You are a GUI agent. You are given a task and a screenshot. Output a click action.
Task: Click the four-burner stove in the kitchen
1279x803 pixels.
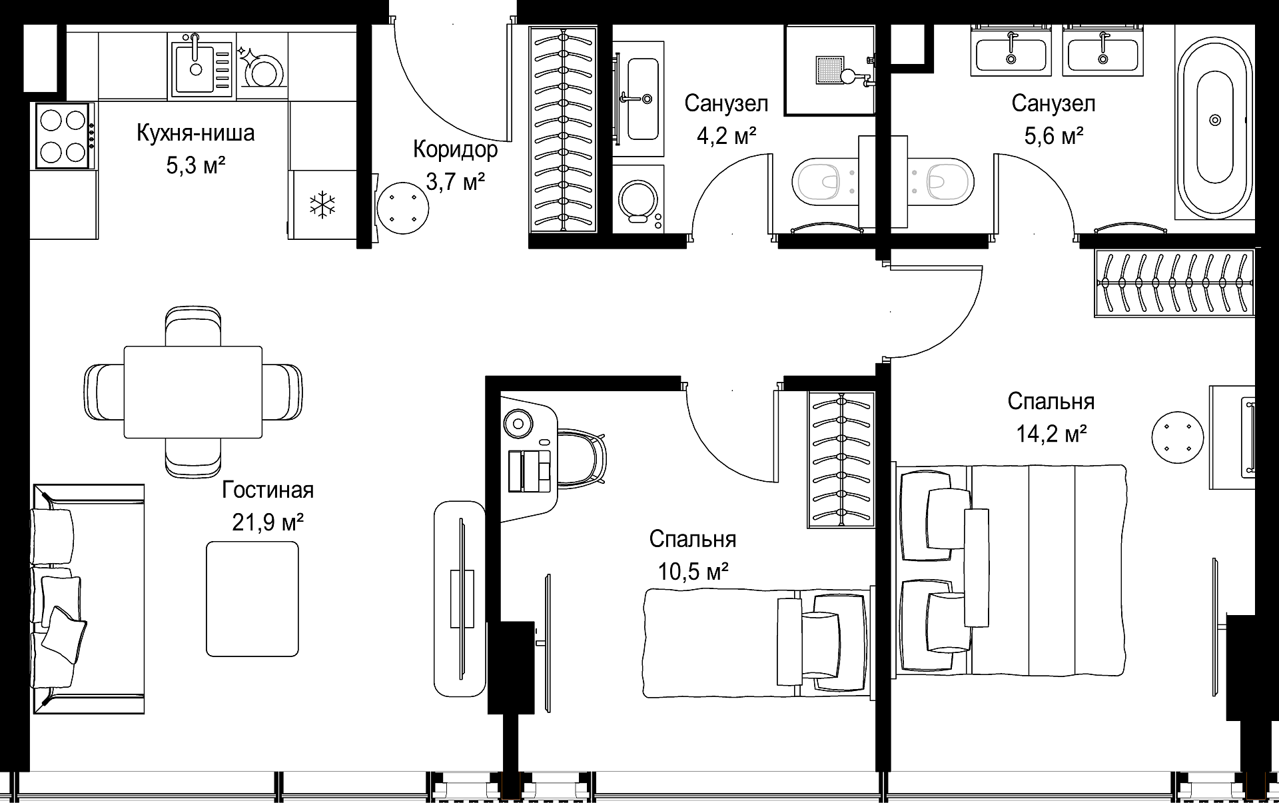click(x=65, y=136)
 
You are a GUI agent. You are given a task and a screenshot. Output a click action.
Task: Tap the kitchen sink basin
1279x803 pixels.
click(x=195, y=67)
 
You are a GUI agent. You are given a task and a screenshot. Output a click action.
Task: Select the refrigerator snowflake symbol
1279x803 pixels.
click(x=322, y=205)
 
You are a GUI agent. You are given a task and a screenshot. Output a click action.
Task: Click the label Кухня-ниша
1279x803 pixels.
click(x=195, y=133)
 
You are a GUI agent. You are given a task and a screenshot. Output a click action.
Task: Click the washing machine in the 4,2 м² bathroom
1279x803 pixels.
click(x=639, y=199)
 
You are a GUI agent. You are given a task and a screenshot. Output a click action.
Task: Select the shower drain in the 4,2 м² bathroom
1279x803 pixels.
click(x=829, y=69)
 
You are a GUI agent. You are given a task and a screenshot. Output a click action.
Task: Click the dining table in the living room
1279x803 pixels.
click(x=193, y=392)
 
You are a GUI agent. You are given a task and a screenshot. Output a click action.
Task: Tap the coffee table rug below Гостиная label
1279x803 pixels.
click(x=252, y=598)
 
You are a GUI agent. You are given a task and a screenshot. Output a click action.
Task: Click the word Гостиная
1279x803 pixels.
click(x=268, y=490)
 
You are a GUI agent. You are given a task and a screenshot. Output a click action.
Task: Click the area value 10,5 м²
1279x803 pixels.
click(x=693, y=571)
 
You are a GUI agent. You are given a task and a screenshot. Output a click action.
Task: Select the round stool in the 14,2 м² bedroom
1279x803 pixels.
click(x=1178, y=436)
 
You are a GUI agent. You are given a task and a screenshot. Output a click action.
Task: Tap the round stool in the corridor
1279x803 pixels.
click(x=402, y=208)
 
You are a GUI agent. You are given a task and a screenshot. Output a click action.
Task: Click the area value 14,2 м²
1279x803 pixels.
click(x=1051, y=434)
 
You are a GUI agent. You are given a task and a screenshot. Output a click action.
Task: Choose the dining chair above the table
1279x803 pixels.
click(x=193, y=326)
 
